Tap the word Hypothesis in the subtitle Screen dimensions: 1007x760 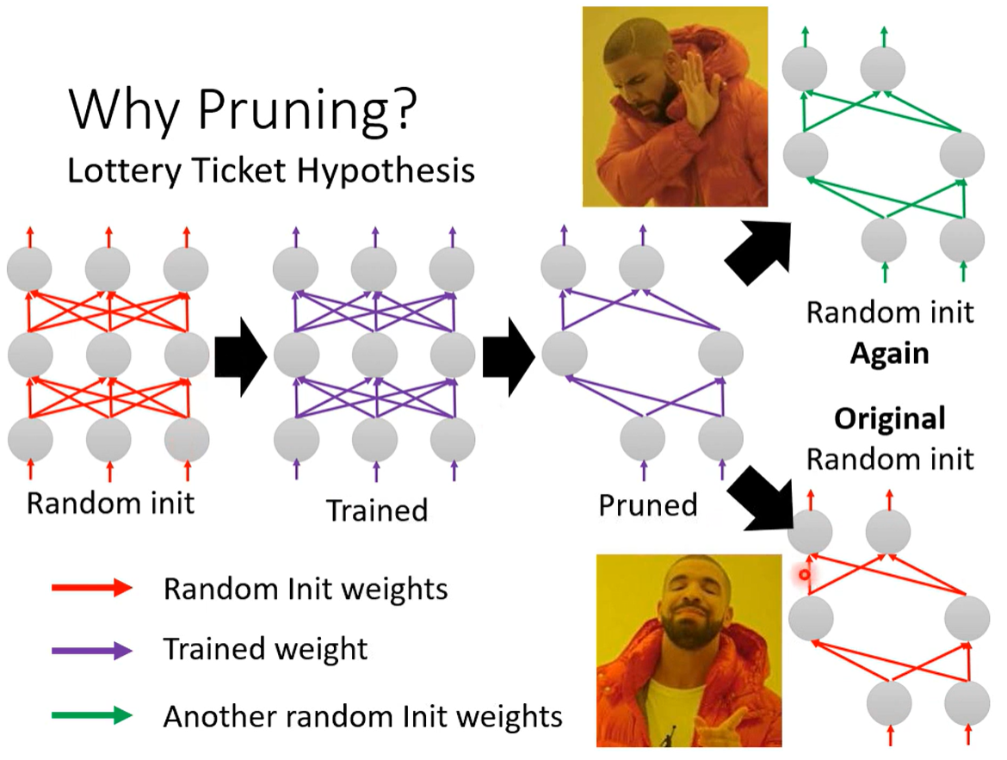pos(386,171)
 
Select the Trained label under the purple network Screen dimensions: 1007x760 pos(377,510)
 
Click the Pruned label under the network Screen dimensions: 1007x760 pos(648,505)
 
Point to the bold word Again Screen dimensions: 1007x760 pos(889,354)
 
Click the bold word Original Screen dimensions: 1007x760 pos(889,419)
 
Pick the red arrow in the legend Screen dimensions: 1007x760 pos(92,587)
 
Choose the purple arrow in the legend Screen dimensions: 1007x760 pos(92,650)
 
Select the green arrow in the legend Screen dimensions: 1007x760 pos(92,715)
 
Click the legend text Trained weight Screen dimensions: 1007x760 pos(265,650)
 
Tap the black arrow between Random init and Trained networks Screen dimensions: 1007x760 pos(240,356)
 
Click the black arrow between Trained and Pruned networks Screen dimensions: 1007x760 pos(509,356)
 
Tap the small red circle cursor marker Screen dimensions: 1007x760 pos(805,574)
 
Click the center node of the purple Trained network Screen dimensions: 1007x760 pos(374,355)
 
